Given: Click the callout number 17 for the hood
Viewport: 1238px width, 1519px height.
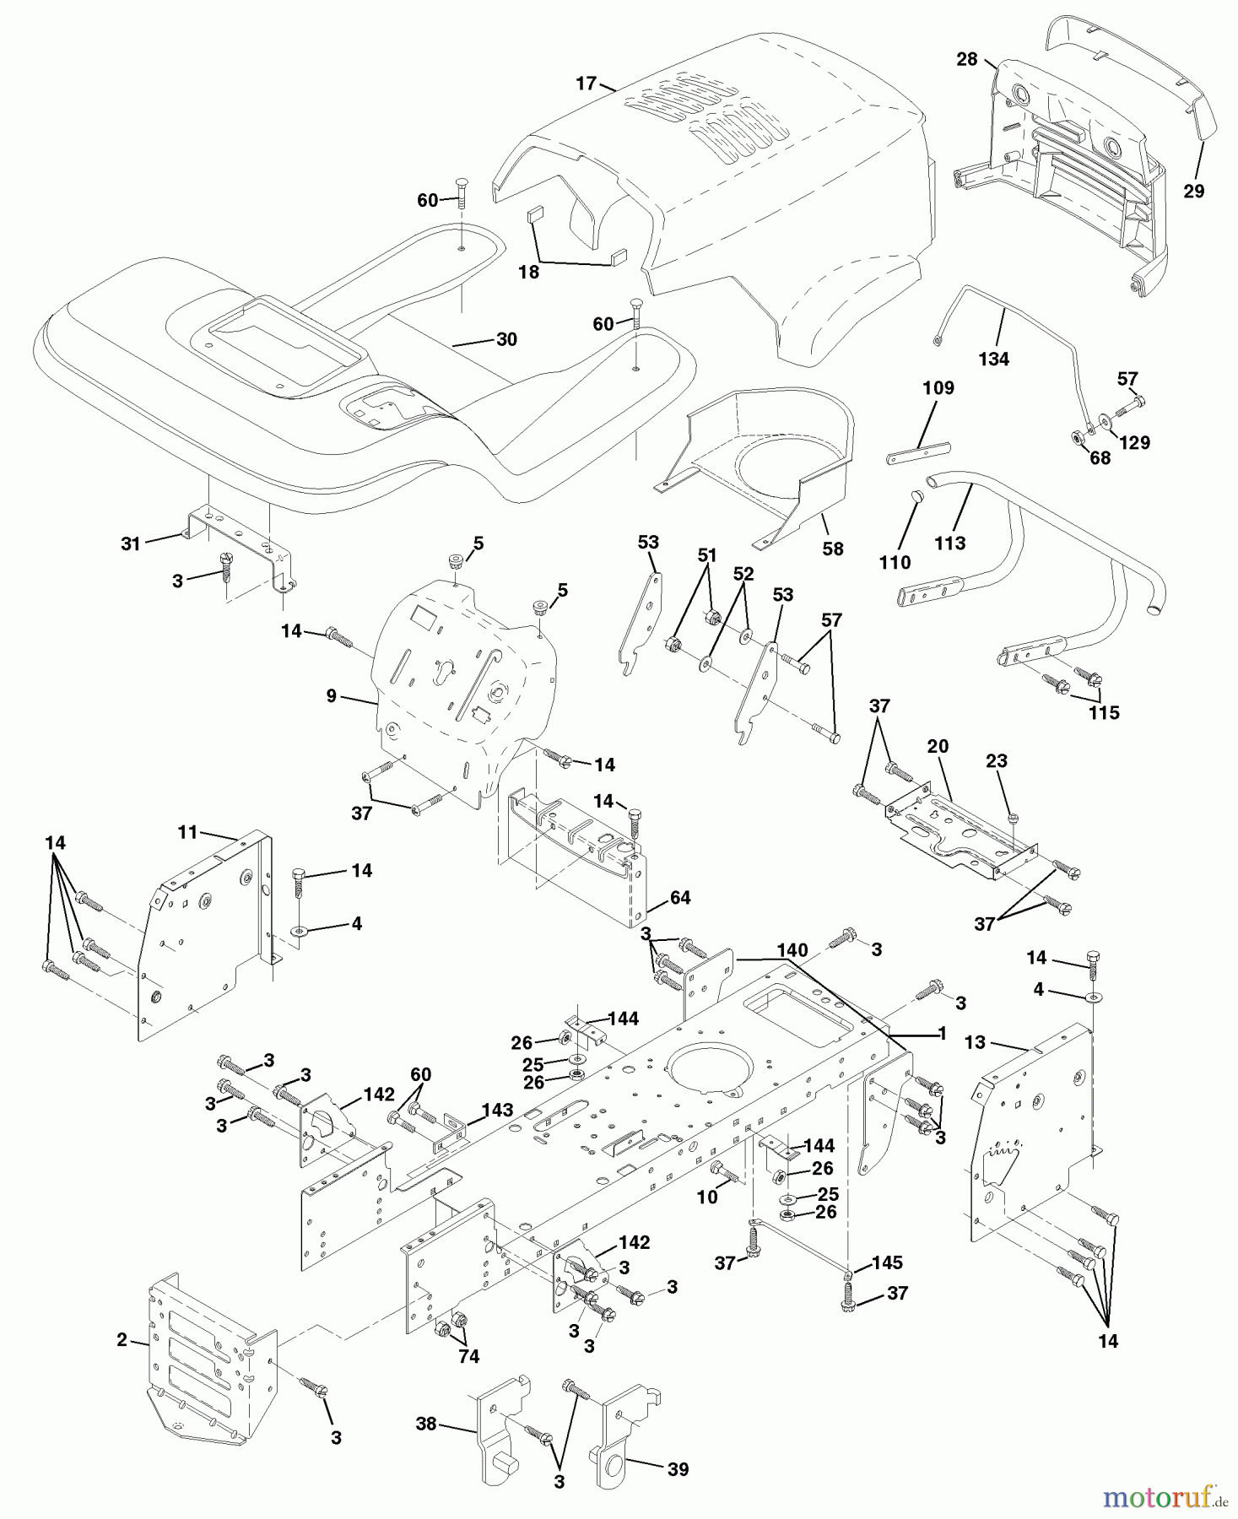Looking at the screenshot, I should [586, 84].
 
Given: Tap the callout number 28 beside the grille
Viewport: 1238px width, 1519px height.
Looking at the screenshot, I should [966, 59].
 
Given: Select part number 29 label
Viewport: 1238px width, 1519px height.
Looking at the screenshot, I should [1193, 192].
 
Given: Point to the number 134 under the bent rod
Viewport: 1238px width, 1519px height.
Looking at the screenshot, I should [993, 359].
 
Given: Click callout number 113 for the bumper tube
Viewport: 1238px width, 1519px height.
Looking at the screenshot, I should [949, 543].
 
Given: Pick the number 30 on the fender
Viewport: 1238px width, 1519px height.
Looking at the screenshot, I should [506, 339].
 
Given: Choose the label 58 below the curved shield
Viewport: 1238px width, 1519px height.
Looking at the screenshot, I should [832, 549].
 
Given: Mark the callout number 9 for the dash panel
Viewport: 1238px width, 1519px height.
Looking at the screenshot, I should [331, 696].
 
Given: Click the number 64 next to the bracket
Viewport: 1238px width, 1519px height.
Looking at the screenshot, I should [680, 898].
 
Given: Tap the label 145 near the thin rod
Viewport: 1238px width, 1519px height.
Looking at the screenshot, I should [886, 1263].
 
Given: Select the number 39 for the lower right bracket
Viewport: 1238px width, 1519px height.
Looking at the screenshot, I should [677, 1469].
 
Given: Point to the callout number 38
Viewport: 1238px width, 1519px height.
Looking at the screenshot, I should [426, 1424].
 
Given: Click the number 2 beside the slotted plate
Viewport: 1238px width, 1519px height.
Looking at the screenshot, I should [122, 1340].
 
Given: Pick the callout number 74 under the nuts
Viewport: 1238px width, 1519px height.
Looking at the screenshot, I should [468, 1356].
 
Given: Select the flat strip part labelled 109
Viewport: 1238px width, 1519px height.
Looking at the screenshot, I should [918, 456].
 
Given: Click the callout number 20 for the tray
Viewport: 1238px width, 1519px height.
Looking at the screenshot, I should [938, 746].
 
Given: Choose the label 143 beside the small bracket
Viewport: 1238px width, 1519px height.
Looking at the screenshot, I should [496, 1110].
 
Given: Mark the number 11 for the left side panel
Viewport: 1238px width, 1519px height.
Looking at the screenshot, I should [187, 833].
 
